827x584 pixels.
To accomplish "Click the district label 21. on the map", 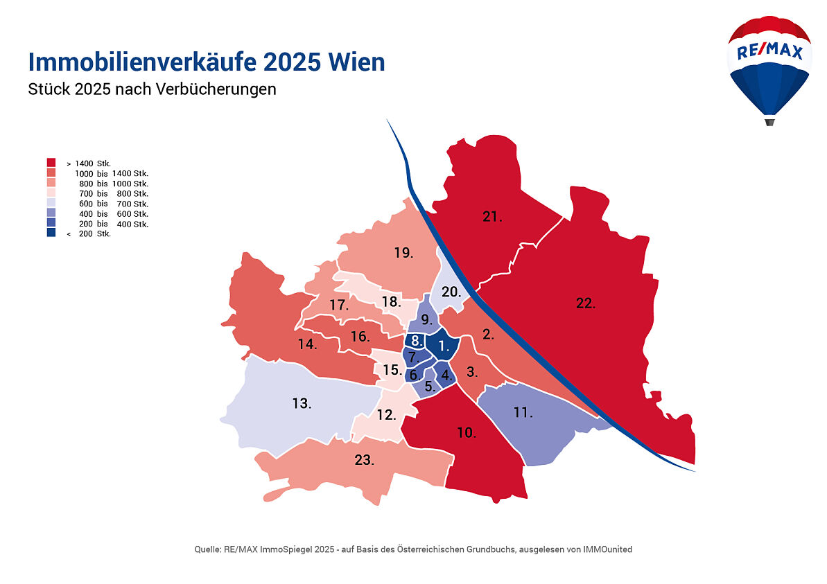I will (x=492, y=217).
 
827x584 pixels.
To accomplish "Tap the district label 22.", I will (x=586, y=303).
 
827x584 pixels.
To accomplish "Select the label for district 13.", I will (x=301, y=403).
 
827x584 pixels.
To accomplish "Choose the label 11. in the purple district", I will (x=523, y=413).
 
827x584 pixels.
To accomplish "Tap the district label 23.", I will (x=365, y=459).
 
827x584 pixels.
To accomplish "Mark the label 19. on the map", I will (x=403, y=253).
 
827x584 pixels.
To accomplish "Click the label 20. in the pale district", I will (x=451, y=292).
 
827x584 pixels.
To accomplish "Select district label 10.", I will (x=466, y=433).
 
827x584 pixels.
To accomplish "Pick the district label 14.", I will (x=308, y=344).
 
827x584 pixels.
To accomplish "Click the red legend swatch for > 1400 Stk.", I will (x=51, y=162).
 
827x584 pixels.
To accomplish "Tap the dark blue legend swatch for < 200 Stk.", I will (x=51, y=233).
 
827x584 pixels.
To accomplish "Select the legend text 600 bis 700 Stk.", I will (x=114, y=204).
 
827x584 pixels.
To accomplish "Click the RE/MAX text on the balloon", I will (x=769, y=52).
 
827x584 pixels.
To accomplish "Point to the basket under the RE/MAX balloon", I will (x=769, y=122).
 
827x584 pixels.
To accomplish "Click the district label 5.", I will (x=430, y=387).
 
